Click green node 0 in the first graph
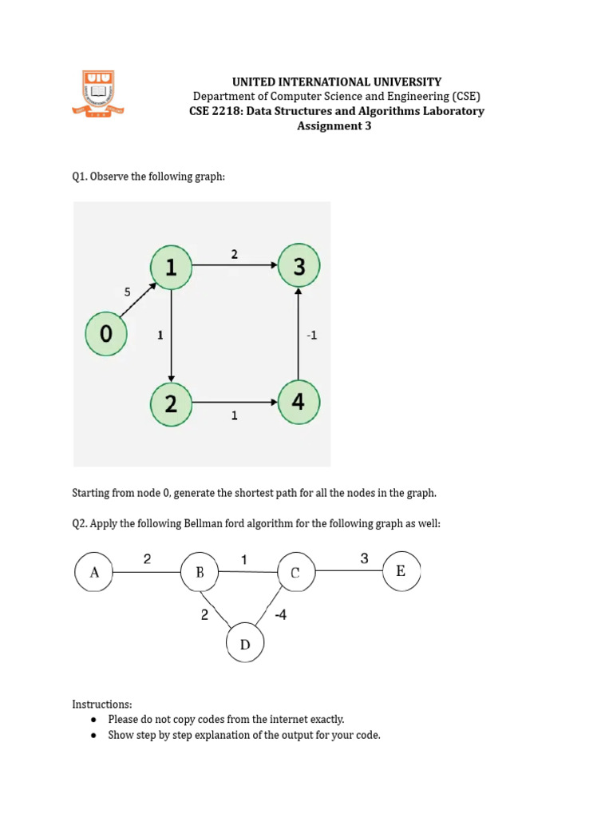tap(107, 333)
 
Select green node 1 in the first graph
tap(171, 268)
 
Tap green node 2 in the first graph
tap(171, 403)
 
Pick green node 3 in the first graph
tap(299, 268)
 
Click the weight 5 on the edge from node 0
tap(127, 292)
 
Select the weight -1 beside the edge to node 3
tap(311, 336)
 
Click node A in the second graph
tap(94, 572)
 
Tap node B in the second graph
tap(200, 572)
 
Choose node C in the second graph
tap(295, 572)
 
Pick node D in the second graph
tap(246, 644)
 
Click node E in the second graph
tap(401, 571)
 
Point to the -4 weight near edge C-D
tap(281, 615)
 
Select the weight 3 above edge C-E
tap(364, 558)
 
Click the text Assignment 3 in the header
tap(334, 125)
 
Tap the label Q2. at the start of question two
tap(80, 524)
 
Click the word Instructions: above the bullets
tap(102, 705)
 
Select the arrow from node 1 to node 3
tap(235, 268)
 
